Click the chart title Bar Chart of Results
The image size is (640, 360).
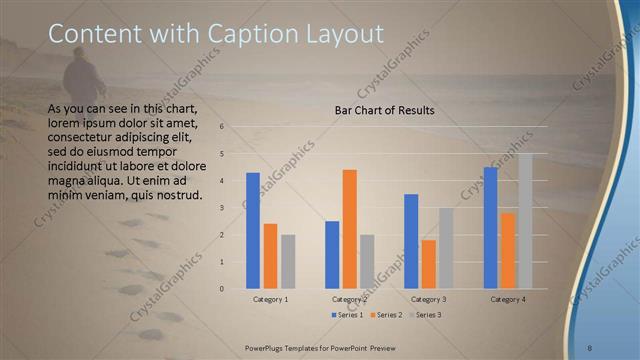click(x=384, y=110)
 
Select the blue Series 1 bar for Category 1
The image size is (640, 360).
click(x=253, y=230)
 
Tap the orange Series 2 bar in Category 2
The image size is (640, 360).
click(x=350, y=229)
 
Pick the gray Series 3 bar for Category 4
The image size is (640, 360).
click(x=525, y=221)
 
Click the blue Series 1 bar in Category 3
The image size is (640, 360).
click(x=411, y=241)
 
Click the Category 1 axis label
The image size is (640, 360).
click(x=270, y=299)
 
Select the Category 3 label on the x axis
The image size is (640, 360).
click(x=429, y=299)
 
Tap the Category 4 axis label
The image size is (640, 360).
click(x=508, y=299)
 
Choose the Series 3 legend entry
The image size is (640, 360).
click(x=426, y=315)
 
